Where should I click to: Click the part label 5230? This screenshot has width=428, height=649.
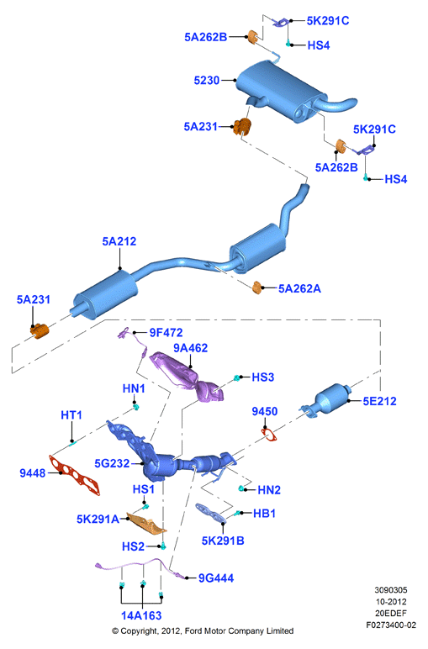[207, 80]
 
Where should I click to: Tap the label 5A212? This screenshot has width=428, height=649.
[119, 241]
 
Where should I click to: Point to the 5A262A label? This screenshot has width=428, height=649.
[299, 288]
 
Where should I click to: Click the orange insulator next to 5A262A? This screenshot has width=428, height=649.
[257, 287]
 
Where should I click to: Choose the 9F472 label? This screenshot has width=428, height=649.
[166, 332]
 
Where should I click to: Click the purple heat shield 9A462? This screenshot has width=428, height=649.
[187, 377]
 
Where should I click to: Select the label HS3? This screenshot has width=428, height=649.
[263, 377]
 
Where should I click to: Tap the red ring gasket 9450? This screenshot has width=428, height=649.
[268, 435]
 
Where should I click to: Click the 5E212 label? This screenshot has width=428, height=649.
[379, 401]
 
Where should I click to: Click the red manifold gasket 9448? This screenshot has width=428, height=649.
[75, 476]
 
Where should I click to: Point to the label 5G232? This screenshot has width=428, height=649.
[112, 463]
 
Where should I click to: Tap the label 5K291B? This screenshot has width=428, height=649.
[223, 541]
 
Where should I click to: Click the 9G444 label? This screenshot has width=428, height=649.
[216, 578]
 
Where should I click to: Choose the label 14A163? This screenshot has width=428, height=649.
[141, 615]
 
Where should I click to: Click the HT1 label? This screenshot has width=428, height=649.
[71, 414]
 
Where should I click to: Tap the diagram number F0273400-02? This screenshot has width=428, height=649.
[391, 625]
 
